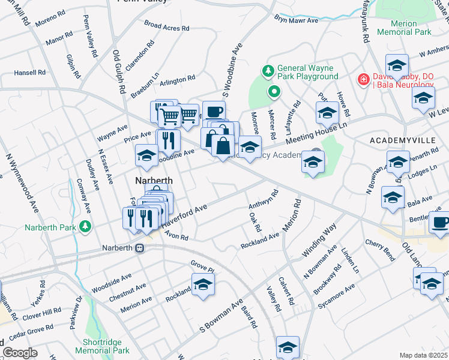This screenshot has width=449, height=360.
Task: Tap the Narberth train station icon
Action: point(139,248)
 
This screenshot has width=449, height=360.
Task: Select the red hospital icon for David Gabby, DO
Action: point(363,79)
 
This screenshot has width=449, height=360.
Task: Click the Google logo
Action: point(19,353)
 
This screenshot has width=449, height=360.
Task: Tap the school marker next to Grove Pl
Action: point(203,284)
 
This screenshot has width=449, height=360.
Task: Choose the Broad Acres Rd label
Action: point(167,26)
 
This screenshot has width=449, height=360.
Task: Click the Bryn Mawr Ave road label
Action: point(297,20)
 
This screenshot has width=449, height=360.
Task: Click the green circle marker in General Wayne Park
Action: point(274,92)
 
